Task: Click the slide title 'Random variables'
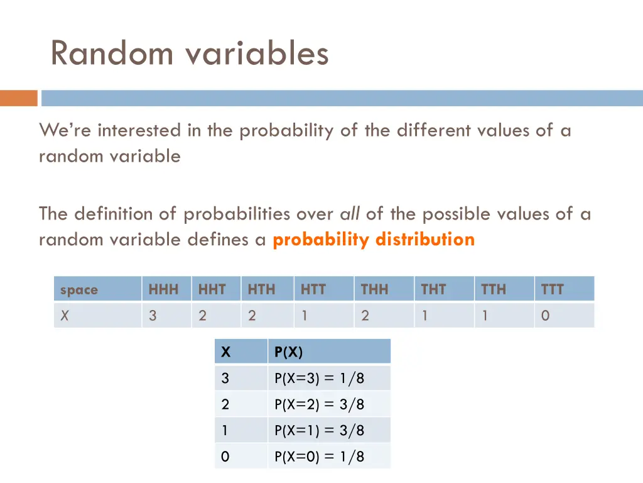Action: (x=189, y=53)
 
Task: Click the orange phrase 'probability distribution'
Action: (x=374, y=240)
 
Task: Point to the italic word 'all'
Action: (x=350, y=214)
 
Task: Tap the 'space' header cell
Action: (x=79, y=290)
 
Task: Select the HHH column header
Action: (x=163, y=289)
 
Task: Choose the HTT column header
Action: (x=313, y=289)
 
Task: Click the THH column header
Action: (x=374, y=289)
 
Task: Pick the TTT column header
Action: (x=553, y=289)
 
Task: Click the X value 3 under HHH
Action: (x=153, y=316)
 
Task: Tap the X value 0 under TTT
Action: (x=545, y=316)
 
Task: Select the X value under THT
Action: (x=425, y=316)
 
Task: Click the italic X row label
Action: (x=65, y=316)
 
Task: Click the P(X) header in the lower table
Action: (x=288, y=352)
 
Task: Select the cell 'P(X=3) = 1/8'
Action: (x=319, y=379)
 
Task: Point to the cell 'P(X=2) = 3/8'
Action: (x=319, y=404)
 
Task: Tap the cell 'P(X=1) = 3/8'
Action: (x=319, y=431)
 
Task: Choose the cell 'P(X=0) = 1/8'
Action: (x=319, y=457)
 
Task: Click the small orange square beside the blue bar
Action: (x=19, y=98)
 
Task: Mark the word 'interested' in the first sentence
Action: (x=139, y=131)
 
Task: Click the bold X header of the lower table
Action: (x=226, y=352)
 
